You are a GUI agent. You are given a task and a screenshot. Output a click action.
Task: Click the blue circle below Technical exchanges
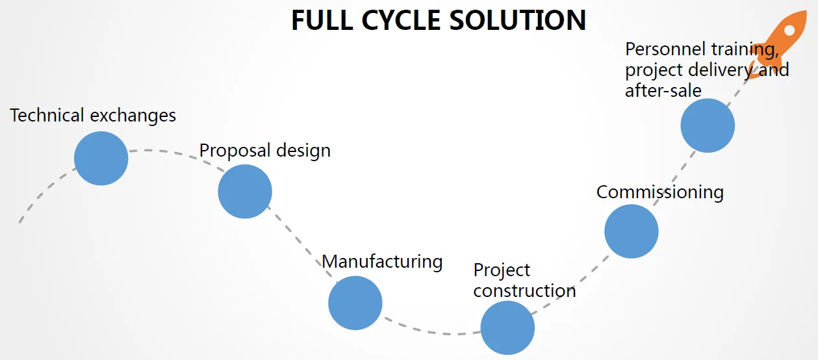(101, 159)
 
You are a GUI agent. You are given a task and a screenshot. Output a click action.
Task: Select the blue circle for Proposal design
(244, 192)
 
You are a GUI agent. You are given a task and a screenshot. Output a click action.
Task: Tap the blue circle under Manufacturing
(355, 303)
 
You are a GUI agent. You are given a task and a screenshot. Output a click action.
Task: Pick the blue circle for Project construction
(507, 328)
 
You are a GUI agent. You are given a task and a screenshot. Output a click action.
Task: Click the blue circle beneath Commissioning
(631, 231)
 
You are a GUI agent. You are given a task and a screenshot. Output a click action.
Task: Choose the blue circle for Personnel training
(708, 125)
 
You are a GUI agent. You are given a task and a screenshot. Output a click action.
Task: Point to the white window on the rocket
(789, 30)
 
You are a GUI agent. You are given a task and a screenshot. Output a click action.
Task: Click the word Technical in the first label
(47, 116)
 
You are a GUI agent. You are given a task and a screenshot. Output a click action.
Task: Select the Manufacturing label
(382, 261)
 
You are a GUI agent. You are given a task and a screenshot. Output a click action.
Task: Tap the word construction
(524, 290)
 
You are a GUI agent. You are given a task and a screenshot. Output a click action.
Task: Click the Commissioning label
(659, 192)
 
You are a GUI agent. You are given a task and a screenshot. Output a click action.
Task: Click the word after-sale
(663, 90)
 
